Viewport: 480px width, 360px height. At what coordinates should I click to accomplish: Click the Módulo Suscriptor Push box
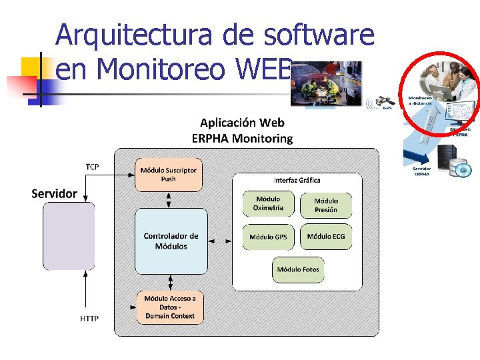pos(169,175)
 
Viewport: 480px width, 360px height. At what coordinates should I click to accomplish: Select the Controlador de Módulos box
pos(171,241)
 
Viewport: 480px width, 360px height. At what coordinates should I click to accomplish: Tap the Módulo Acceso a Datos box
pos(170,307)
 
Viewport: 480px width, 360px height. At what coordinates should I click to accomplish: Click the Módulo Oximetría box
pos(268,203)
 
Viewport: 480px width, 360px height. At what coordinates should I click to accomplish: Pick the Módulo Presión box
pos(325,205)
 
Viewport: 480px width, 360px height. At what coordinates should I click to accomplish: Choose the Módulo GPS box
pos(268,237)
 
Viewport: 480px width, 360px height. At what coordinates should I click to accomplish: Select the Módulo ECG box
pos(325,237)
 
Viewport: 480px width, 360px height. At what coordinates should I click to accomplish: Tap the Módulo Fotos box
pos(298,269)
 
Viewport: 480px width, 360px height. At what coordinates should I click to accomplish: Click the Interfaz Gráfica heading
pos(297,180)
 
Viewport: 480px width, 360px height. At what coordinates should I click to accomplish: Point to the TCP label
pos(92,167)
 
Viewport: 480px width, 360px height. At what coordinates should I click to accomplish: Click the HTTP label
pos(89,319)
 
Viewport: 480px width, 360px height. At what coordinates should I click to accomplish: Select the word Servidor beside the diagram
pos(55,194)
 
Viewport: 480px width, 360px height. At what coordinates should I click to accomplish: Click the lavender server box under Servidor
pos(69,236)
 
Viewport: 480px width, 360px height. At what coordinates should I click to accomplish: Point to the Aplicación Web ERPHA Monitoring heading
pos(242,131)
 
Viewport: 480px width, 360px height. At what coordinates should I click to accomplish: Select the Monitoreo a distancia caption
pos(420,101)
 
